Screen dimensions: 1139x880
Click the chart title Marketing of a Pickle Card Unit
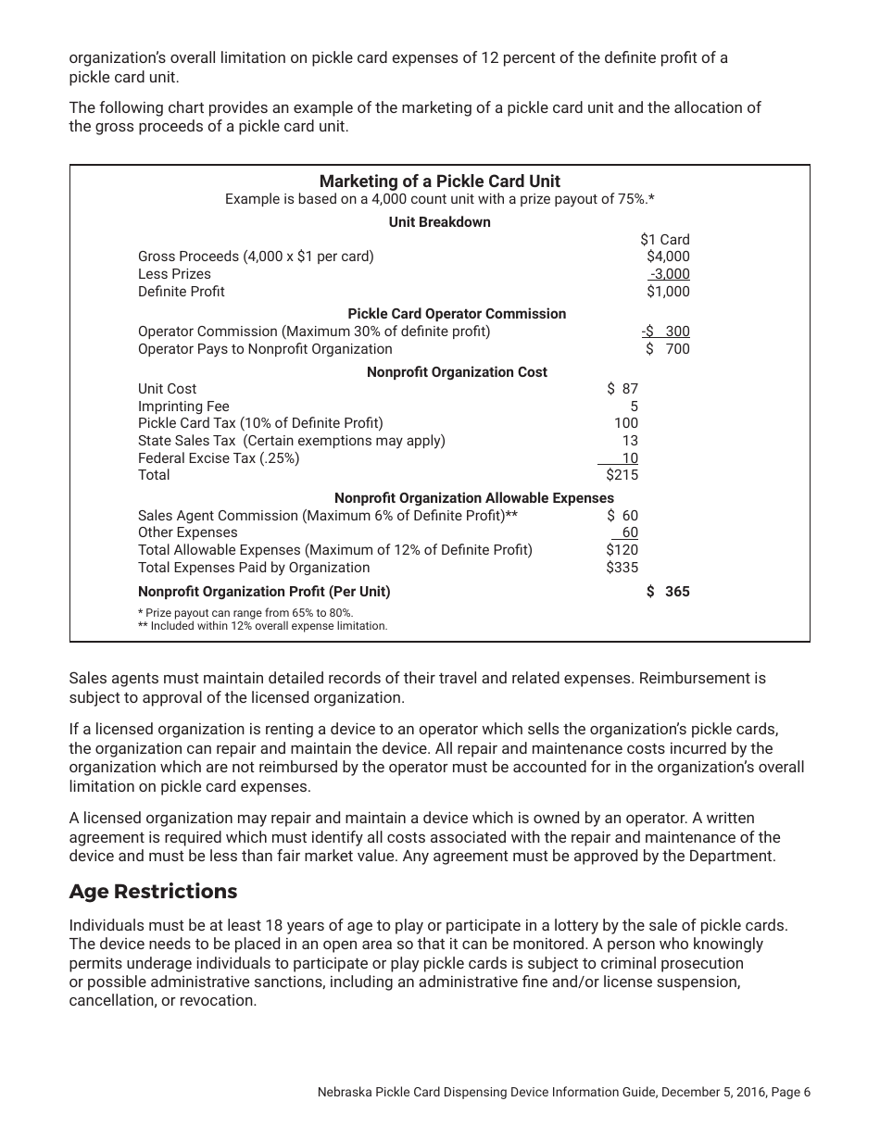[439, 181]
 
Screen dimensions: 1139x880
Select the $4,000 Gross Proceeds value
[668, 257]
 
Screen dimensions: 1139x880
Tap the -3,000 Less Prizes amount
[670, 274]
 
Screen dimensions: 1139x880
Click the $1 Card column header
[664, 239]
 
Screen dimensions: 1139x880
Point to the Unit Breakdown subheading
[439, 222]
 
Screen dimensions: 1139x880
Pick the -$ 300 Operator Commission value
[665, 332]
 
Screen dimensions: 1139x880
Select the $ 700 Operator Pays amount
[668, 349]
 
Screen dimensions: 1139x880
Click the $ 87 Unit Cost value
[622, 389]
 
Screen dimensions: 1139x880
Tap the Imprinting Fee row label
[183, 407]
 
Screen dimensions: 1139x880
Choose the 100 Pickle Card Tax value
[626, 423]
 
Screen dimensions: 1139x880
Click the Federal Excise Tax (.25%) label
[219, 458]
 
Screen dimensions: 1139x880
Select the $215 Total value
[622, 475]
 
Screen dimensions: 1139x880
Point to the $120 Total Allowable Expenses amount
[622, 550]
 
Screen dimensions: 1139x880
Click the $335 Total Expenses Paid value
[622, 568]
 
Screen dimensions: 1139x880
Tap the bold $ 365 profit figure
[668, 592]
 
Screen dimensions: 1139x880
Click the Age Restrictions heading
[153, 892]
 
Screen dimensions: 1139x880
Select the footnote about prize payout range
[245, 613]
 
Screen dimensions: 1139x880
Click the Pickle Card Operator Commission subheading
[457, 314]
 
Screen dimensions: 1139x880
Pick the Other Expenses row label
[187, 532]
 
